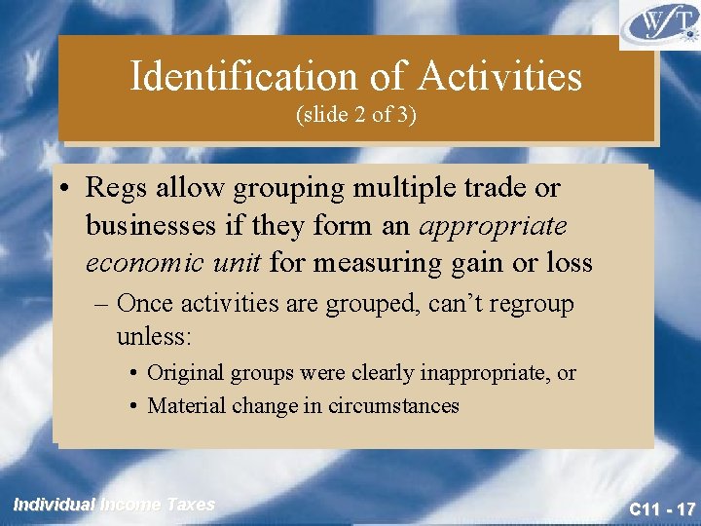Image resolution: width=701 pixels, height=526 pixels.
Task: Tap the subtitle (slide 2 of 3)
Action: tap(355, 114)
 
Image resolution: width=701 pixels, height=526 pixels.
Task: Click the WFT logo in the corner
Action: tap(658, 24)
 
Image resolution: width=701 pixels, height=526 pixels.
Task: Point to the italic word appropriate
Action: tap(493, 225)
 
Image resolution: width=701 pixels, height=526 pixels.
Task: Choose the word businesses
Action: tap(154, 225)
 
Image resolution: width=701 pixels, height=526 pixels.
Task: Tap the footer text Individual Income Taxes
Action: tap(113, 505)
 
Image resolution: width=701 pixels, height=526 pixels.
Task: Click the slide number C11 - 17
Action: tap(662, 509)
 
